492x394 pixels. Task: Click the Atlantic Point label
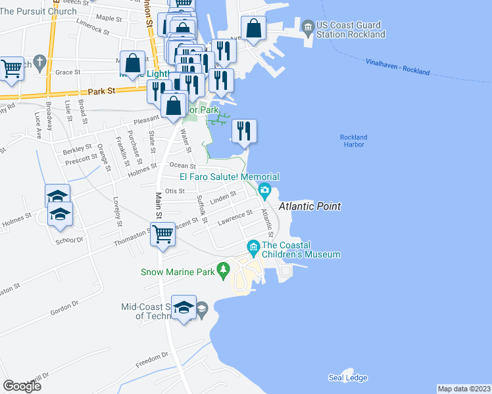tap(310, 206)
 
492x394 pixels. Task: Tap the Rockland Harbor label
tap(353, 141)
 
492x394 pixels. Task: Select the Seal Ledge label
tap(348, 378)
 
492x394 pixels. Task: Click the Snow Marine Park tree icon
tap(224, 269)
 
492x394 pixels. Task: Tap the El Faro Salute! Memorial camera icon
tap(264, 191)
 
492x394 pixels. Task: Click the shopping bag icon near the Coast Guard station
tap(253, 28)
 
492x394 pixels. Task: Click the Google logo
tap(22, 385)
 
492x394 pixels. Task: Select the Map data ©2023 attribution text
tap(464, 389)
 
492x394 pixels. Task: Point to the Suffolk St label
tap(202, 209)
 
